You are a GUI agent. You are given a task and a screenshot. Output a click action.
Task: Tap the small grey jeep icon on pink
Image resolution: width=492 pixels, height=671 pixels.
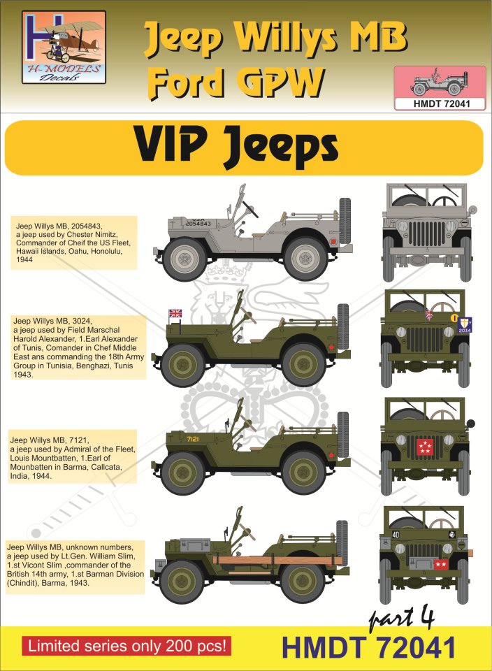[439, 82]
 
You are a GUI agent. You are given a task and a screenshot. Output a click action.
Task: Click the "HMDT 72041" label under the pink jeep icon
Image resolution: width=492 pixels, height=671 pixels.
[440, 103]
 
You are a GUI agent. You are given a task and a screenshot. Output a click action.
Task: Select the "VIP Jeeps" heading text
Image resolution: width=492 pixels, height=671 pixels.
[237, 147]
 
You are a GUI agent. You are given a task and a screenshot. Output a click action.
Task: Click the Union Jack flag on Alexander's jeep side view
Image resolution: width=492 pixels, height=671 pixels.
[175, 313]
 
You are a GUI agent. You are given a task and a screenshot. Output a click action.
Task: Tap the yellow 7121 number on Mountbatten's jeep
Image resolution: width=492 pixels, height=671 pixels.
[193, 439]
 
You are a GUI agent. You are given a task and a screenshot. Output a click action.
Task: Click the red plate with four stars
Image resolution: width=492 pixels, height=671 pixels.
[425, 447]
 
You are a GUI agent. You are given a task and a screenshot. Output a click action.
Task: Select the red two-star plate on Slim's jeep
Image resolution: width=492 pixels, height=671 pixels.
[440, 565]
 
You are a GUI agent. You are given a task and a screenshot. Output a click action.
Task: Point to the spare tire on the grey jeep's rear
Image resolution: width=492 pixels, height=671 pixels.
[345, 220]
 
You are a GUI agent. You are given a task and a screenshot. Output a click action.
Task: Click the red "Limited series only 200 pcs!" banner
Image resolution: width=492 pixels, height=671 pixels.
[126, 646]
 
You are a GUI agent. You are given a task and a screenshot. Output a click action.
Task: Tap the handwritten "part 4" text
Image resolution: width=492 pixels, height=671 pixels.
[401, 619]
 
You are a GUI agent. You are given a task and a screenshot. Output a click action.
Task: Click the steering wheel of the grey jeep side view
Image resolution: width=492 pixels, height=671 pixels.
[250, 208]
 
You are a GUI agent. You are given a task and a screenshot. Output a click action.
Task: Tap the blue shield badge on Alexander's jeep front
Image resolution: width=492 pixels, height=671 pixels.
[464, 325]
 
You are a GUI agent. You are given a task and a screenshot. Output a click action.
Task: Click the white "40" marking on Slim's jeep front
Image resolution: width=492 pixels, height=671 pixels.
[396, 534]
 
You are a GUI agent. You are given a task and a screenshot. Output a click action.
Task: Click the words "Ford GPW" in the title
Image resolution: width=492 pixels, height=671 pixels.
[237, 82]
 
